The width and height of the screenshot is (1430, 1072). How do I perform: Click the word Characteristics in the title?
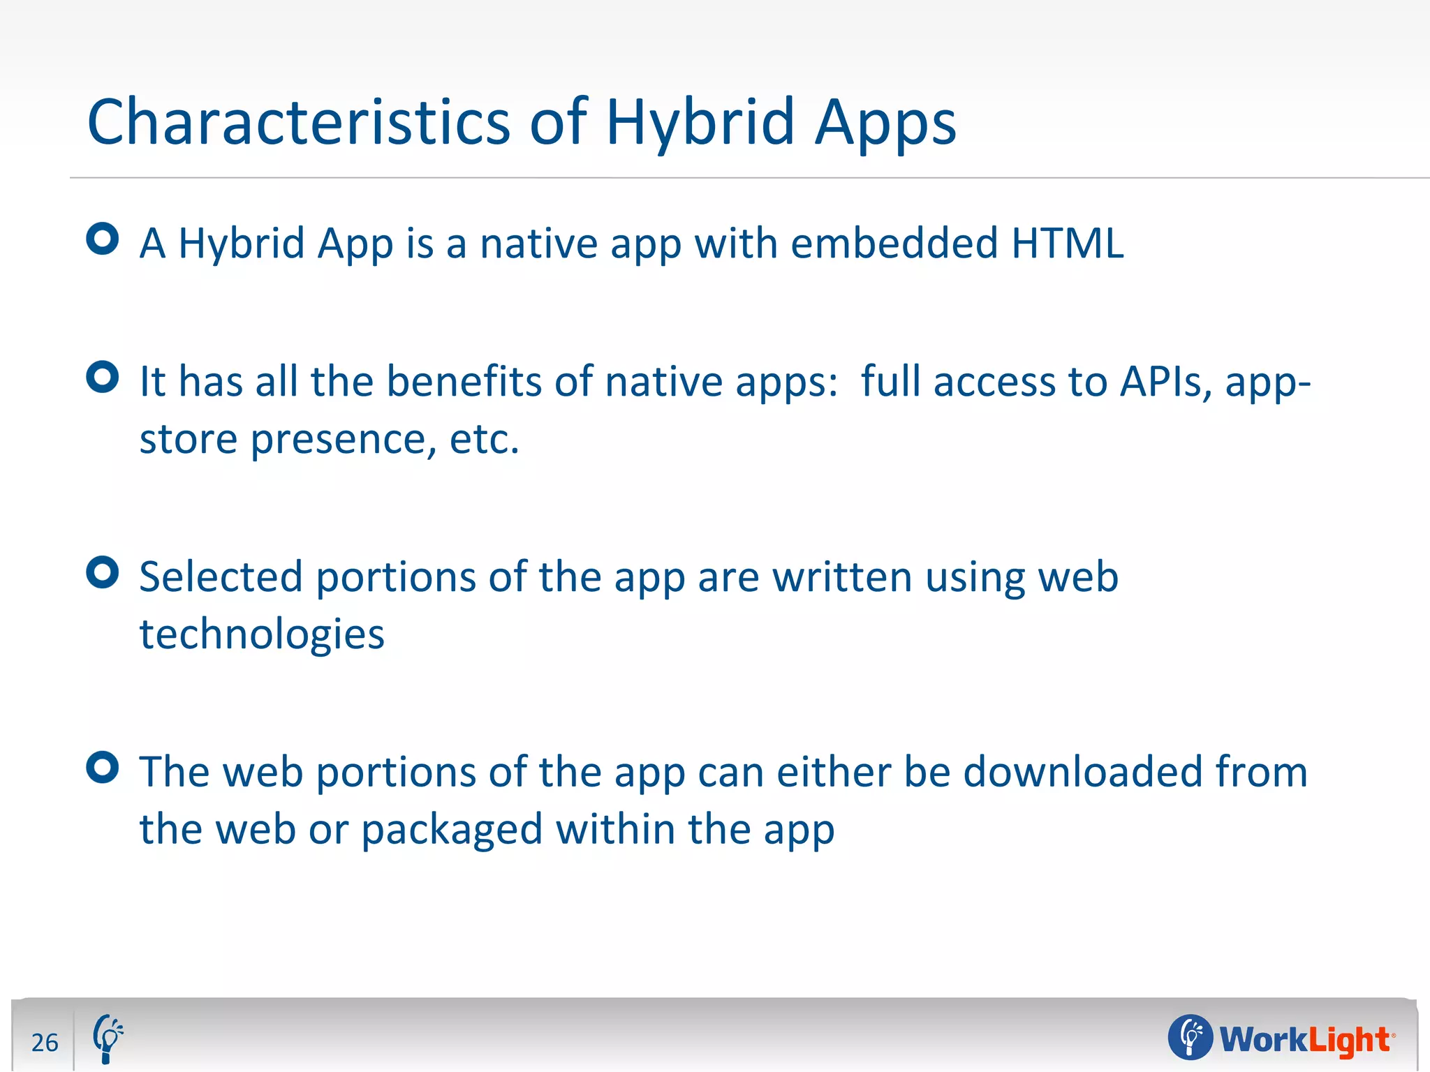[x=299, y=123]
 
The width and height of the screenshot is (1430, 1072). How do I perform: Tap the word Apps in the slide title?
[x=885, y=124]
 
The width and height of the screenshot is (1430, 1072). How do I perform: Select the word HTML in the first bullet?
[x=1067, y=244]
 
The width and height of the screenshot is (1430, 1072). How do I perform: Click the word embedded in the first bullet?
[x=894, y=244]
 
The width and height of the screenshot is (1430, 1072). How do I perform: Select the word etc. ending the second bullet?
[x=485, y=440]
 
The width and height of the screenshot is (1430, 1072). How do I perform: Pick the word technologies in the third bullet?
[x=262, y=634]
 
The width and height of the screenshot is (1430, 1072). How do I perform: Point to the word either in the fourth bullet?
[x=834, y=772]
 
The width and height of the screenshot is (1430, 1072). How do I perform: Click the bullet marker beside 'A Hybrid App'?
[x=103, y=239]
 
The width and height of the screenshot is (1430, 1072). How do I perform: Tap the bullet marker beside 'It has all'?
[x=103, y=377]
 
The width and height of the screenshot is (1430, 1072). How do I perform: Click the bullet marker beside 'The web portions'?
[x=103, y=768]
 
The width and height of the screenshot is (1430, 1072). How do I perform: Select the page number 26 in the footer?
[x=45, y=1042]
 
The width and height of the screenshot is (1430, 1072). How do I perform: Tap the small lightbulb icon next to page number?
[x=108, y=1038]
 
